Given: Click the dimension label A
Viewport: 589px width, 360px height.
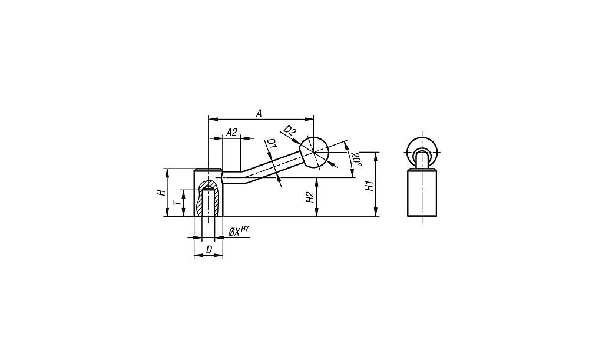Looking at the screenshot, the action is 259,114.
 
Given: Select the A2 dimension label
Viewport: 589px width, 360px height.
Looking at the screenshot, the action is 232,132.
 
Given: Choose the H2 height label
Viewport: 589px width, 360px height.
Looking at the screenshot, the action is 310,197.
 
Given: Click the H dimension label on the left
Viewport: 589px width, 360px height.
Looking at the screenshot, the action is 161,193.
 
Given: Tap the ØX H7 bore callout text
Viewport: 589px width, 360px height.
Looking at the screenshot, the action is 239,232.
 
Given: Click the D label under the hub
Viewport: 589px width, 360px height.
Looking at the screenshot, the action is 209,249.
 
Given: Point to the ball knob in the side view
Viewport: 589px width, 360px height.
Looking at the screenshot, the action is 315,152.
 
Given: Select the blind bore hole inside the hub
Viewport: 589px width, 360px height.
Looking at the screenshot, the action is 208,202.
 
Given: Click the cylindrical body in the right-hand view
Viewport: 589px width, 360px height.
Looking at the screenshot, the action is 422,193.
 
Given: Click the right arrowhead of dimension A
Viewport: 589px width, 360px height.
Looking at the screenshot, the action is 310,119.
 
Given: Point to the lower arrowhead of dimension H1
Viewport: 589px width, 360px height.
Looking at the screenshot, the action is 376,213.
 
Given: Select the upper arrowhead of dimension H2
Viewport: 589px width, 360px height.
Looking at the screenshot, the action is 317,182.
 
